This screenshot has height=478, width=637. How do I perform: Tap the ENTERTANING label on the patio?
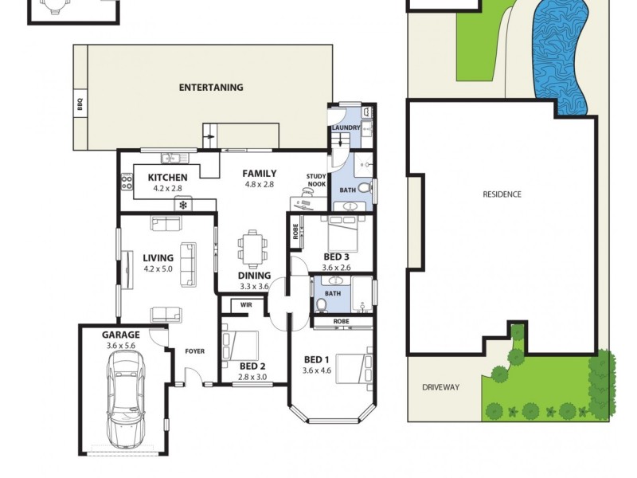point(211,88)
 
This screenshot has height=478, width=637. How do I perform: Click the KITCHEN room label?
point(167,178)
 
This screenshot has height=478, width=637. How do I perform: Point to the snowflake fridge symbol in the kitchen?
point(183,205)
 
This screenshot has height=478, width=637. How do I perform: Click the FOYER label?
point(195,351)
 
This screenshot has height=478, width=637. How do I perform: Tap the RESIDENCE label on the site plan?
point(502,194)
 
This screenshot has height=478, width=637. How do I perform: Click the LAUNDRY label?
point(346,127)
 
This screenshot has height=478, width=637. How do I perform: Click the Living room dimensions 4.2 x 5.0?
point(158,269)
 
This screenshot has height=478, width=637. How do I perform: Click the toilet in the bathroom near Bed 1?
point(321,304)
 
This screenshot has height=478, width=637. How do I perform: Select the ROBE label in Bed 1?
point(341,321)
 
